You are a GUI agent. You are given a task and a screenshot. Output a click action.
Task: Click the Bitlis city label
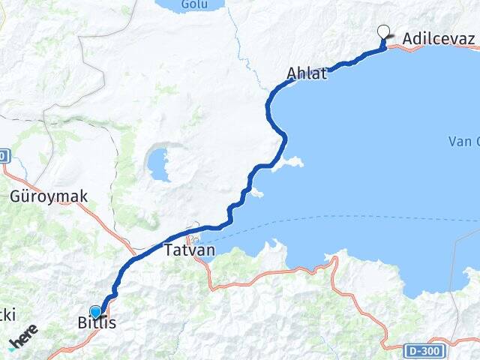pyautogui.click(x=97, y=324)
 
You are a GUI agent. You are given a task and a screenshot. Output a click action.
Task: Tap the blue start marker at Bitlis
pyautogui.click(x=95, y=312)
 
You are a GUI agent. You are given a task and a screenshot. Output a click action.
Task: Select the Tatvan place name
pyautogui.click(x=190, y=250)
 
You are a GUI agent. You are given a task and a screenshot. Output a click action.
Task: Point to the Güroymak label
pyautogui.click(x=49, y=197)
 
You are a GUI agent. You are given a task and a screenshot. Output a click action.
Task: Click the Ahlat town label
pyautogui.click(x=307, y=73)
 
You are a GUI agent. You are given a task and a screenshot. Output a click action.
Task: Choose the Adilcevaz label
pyautogui.click(x=439, y=38)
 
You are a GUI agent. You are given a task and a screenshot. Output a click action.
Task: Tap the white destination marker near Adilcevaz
pyautogui.click(x=384, y=31)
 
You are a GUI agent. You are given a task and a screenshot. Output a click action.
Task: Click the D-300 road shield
pyautogui.click(x=423, y=350)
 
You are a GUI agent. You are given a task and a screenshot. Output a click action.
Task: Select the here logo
pyautogui.click(x=23, y=336)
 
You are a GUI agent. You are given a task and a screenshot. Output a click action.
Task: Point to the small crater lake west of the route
pyautogui.click(x=158, y=164)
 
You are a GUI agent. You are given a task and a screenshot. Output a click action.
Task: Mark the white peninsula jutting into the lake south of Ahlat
pyautogui.click(x=289, y=163)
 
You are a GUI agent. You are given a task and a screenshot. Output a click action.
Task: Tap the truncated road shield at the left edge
pyautogui.click(x=3, y=156)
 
